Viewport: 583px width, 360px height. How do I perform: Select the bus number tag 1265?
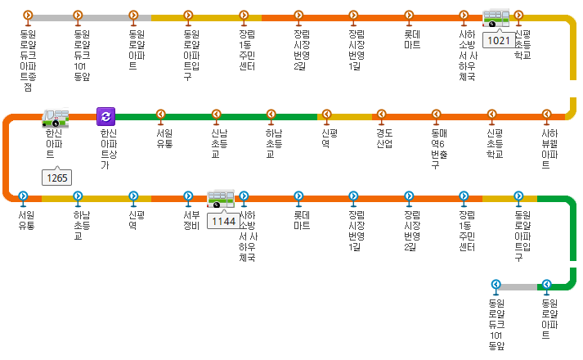tap(58, 177)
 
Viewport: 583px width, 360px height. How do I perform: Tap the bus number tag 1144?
tap(223, 221)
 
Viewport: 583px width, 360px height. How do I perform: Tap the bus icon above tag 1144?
tap(220, 198)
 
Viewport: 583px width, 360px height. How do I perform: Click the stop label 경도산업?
tap(384, 137)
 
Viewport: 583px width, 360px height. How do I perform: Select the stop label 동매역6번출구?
tap(439, 147)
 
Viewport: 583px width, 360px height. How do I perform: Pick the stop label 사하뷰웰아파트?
tap(549, 142)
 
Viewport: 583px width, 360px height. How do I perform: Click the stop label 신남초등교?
tap(216, 142)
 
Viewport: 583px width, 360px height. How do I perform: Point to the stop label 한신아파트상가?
tap(107, 147)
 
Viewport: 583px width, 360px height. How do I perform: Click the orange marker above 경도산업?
tap(383, 116)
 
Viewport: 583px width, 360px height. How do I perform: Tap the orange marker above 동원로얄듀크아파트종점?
tap(28, 16)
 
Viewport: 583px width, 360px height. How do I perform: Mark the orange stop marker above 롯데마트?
tap(410, 16)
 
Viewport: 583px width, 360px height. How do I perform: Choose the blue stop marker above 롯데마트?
tap(298, 197)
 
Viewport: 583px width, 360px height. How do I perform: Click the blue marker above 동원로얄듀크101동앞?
tap(496, 286)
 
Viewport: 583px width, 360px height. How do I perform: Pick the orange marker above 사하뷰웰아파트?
tap(548, 116)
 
